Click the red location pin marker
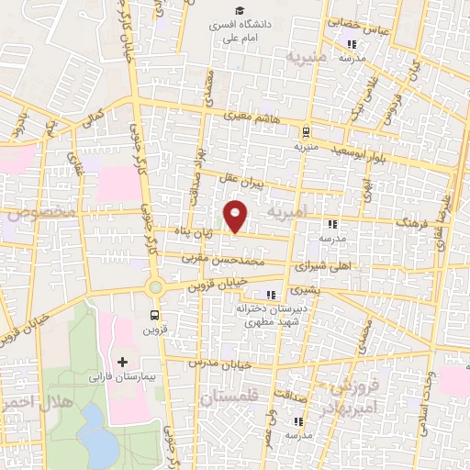click(236, 217)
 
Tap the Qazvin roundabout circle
click(156, 286)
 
